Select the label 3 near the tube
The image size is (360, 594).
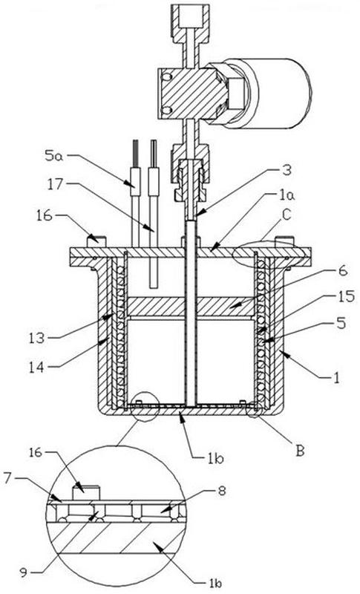tap(287, 171)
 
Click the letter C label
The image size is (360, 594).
tap(287, 215)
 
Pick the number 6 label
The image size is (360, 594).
tap(342, 271)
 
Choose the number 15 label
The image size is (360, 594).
tap(345, 296)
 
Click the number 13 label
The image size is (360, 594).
tap(37, 338)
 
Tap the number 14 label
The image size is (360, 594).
tap(37, 367)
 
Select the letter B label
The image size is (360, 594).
tap(300, 451)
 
